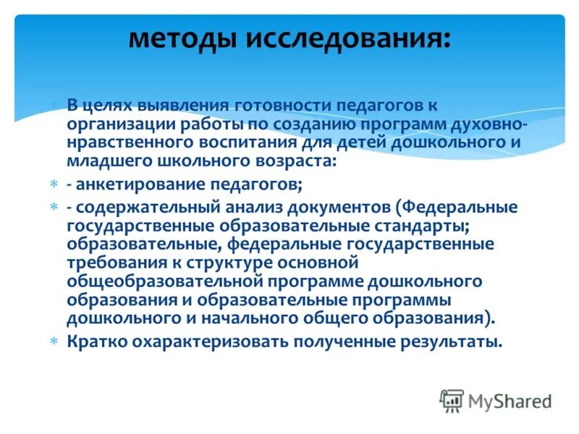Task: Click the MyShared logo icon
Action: pyautogui.click(x=452, y=400)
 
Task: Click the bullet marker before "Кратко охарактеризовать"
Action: pyautogui.click(x=54, y=341)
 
